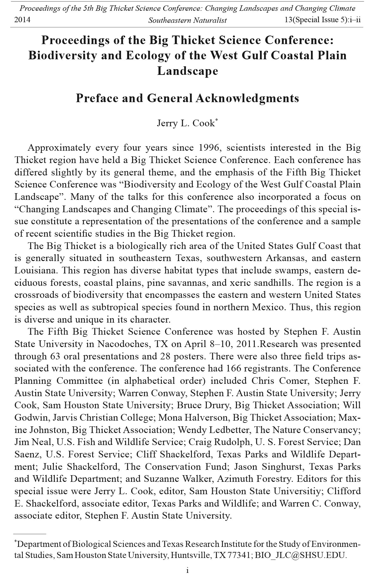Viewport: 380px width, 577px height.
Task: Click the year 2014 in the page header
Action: [x=22, y=20]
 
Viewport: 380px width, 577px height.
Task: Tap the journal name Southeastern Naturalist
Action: [x=187, y=20]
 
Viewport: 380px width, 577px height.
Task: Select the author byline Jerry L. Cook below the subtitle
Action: [x=186, y=123]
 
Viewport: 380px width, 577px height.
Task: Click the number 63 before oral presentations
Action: [x=55, y=356]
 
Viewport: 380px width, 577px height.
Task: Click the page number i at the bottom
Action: [x=188, y=570]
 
